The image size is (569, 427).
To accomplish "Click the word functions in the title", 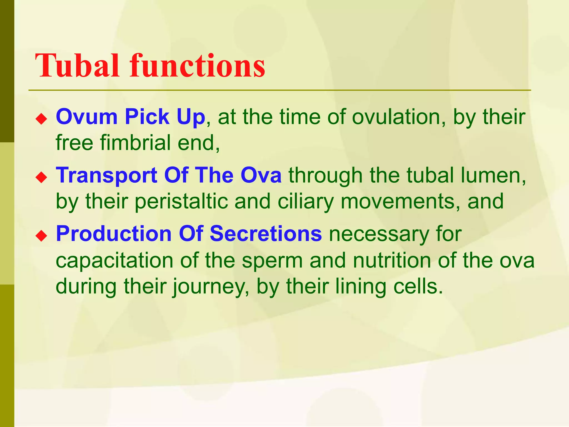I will (197, 66).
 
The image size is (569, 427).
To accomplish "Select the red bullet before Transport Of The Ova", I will (41, 178).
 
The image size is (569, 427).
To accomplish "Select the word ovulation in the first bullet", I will (399, 117).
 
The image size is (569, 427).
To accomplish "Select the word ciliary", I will (306, 201).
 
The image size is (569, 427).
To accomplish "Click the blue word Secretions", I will (266, 234).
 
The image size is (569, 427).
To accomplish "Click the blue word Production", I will (114, 234).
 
